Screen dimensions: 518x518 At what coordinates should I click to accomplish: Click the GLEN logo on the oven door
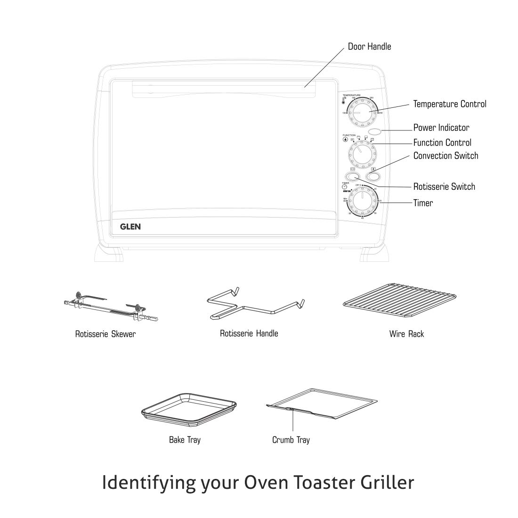[x=130, y=226]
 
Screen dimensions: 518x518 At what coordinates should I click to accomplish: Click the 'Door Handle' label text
[x=369, y=47]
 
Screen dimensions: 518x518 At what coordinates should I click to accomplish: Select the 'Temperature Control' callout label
[x=450, y=104]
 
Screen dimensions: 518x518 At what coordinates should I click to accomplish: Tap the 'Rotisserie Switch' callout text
[x=444, y=186]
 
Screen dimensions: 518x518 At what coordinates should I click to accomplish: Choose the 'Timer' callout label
[x=423, y=203]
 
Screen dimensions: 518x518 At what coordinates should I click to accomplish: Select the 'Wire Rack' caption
[x=406, y=334]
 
